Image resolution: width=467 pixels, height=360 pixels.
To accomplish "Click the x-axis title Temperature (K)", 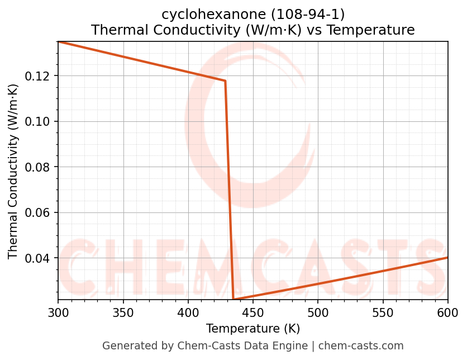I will [x=252, y=328].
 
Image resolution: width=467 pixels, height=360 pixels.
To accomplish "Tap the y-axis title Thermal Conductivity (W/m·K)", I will [x=13, y=171].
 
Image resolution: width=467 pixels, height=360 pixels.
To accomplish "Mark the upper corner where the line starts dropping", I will [x=225, y=81].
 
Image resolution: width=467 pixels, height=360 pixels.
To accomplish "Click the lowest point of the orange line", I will [x=233, y=300].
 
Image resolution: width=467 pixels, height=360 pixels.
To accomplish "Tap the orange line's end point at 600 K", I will [x=447, y=257].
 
